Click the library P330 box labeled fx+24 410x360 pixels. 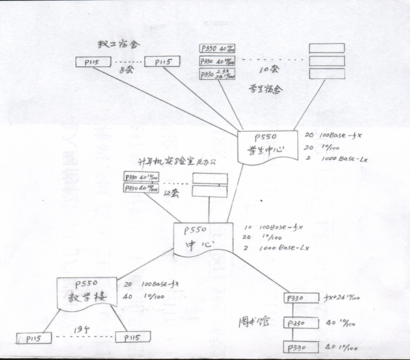point(301,299)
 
